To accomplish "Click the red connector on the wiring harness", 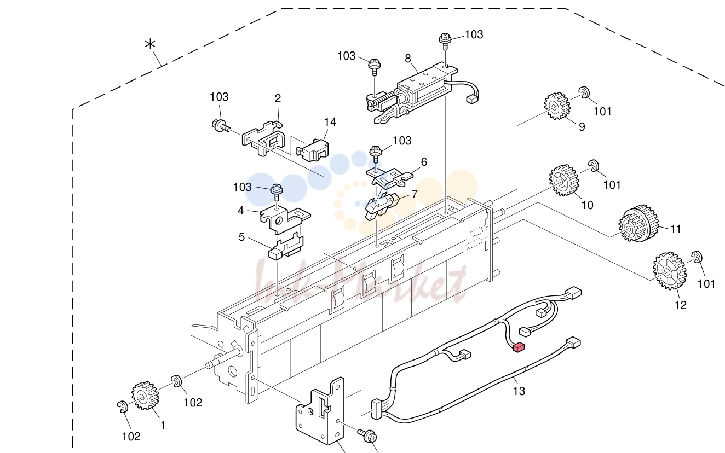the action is (x=519, y=347).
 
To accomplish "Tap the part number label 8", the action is (x=408, y=59).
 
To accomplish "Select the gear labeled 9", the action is (x=557, y=106).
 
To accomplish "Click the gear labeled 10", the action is (x=564, y=181).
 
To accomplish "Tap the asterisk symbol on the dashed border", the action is (x=150, y=44).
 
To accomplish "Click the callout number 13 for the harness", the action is (x=519, y=391).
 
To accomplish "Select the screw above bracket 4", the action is (x=277, y=193).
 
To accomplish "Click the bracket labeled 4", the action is (x=285, y=219).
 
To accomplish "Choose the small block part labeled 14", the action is (x=312, y=149).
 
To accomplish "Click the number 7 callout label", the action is (x=414, y=194).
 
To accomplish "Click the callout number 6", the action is (x=424, y=162).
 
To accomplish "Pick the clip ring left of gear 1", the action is (x=123, y=406).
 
